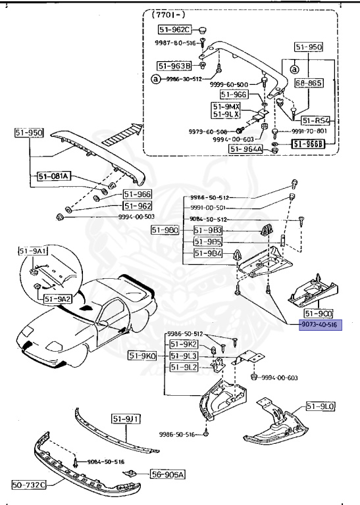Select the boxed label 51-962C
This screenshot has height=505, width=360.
pos(173,30)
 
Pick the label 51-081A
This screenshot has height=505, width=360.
pos(54,176)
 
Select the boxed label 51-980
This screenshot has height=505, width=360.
pos(165,229)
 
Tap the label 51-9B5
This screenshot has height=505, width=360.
pos(207,241)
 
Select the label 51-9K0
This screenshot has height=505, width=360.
pos(143,356)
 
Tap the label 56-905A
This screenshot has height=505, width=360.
pos(167,474)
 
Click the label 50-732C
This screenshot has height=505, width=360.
pos(28,486)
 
